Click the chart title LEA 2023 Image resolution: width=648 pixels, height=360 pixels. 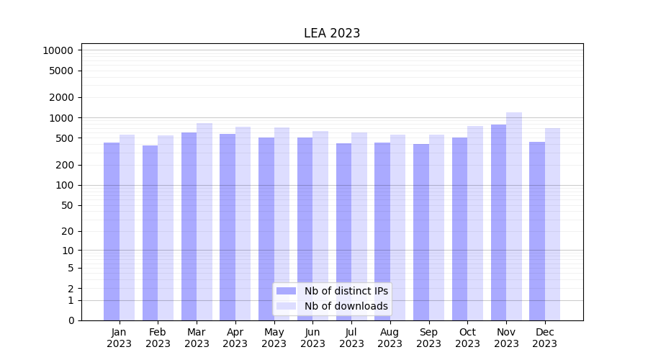tap(331, 33)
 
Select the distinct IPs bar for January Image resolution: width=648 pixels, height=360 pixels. tap(112, 230)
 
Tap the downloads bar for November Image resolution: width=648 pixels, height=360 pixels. tap(514, 216)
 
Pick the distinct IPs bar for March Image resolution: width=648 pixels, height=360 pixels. tap(189, 226)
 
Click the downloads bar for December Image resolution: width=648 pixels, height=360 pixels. tap(553, 224)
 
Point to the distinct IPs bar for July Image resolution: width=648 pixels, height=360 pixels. tap(343, 231)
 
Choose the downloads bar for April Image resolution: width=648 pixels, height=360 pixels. tap(243, 223)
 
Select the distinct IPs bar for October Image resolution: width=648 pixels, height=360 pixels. tap(460, 228)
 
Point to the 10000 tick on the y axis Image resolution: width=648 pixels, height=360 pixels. tap(58, 50)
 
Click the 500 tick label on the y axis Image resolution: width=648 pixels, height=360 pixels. tap(63, 138)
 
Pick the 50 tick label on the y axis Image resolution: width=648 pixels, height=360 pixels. tap(66, 205)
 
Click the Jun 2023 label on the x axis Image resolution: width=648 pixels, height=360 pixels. tap(312, 338)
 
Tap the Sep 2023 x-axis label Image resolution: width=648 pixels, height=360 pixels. tap(428, 338)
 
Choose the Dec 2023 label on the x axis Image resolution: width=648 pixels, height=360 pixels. tap(545, 338)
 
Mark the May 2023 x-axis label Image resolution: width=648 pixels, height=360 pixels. tap(274, 338)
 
